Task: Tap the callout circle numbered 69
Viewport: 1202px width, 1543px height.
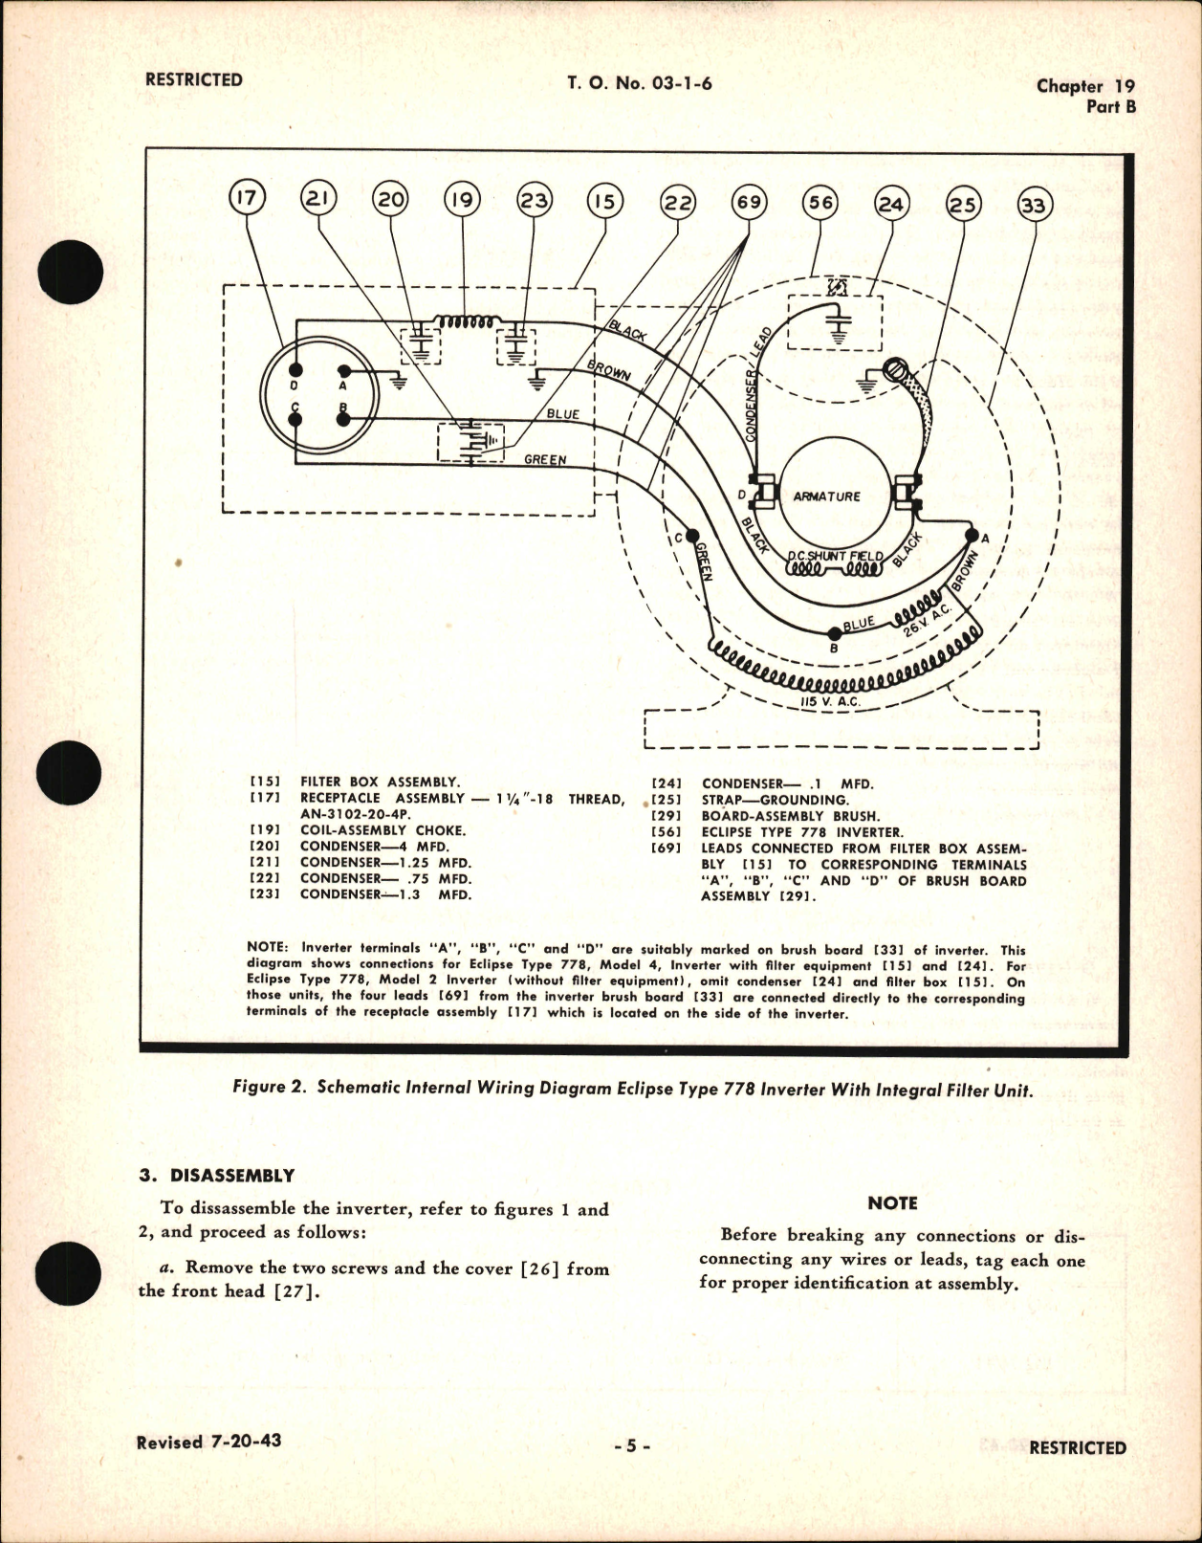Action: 749,202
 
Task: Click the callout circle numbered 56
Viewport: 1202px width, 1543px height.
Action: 820,202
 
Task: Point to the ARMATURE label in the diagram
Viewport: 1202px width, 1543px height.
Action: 826,496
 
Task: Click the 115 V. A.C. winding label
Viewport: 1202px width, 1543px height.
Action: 830,702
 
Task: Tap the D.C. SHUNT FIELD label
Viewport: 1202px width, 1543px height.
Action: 835,556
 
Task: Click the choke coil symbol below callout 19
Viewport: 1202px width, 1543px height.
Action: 464,322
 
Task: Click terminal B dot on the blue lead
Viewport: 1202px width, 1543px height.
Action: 834,632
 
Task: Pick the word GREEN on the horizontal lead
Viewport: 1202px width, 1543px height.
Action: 545,459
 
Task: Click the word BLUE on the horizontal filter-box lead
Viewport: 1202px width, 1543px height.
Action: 563,414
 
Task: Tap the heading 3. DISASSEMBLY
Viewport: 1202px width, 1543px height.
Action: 216,1176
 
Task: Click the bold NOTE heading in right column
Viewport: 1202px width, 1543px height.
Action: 892,1203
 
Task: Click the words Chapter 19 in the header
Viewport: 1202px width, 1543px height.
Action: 1085,85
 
